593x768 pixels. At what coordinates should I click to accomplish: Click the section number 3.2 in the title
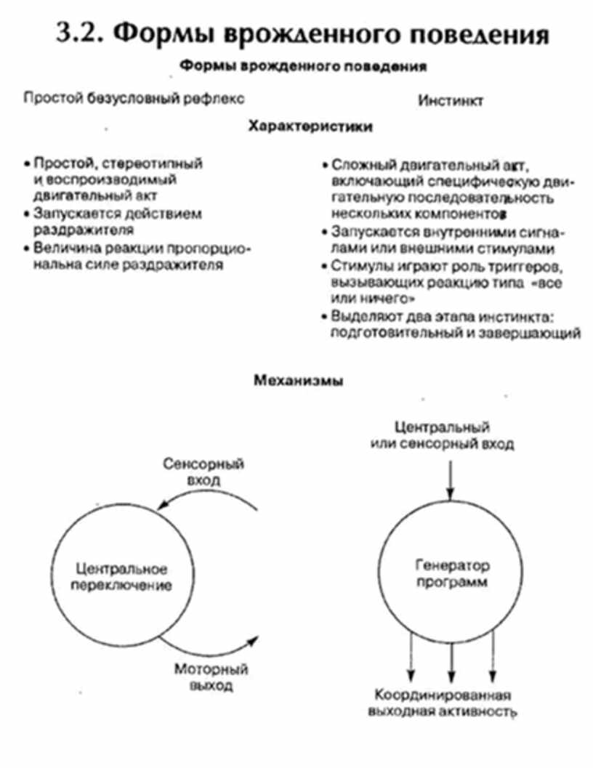pos(81,35)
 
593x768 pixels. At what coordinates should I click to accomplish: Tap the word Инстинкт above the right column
pos(451,100)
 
